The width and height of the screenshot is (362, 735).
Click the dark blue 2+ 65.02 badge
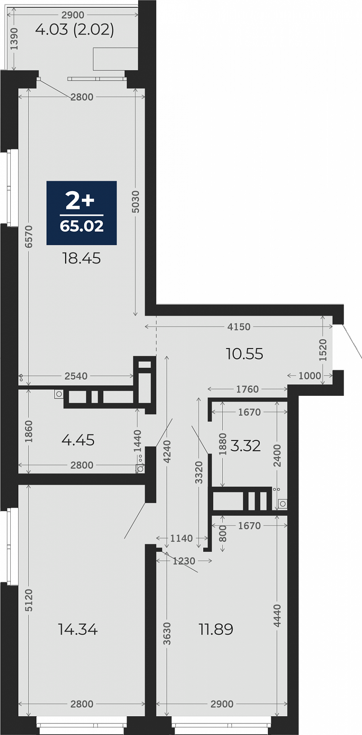(x=82, y=213)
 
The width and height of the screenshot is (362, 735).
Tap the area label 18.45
(x=82, y=258)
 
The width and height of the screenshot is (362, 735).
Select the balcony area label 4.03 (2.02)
(x=75, y=29)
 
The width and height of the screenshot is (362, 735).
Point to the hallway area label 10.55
(x=245, y=354)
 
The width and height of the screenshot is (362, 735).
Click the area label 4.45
(x=78, y=440)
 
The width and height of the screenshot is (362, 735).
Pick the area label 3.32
(x=246, y=446)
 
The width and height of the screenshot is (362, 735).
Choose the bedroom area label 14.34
(x=78, y=629)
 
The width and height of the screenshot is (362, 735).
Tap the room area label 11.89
(x=216, y=629)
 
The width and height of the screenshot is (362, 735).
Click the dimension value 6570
(x=29, y=237)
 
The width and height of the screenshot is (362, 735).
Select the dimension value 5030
(x=135, y=202)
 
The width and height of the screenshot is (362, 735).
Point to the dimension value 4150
(x=239, y=327)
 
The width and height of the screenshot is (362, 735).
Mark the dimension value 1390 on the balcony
(x=14, y=39)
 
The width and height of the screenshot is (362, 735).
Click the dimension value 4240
(x=167, y=452)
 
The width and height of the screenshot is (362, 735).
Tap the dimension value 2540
(x=76, y=376)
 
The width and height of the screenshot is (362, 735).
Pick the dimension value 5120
(x=29, y=600)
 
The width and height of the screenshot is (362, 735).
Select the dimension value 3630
(x=167, y=634)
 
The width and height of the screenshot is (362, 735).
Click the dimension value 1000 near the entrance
(x=310, y=376)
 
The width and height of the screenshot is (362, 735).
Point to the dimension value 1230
(x=184, y=561)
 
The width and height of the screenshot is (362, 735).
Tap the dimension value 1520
(x=323, y=350)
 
